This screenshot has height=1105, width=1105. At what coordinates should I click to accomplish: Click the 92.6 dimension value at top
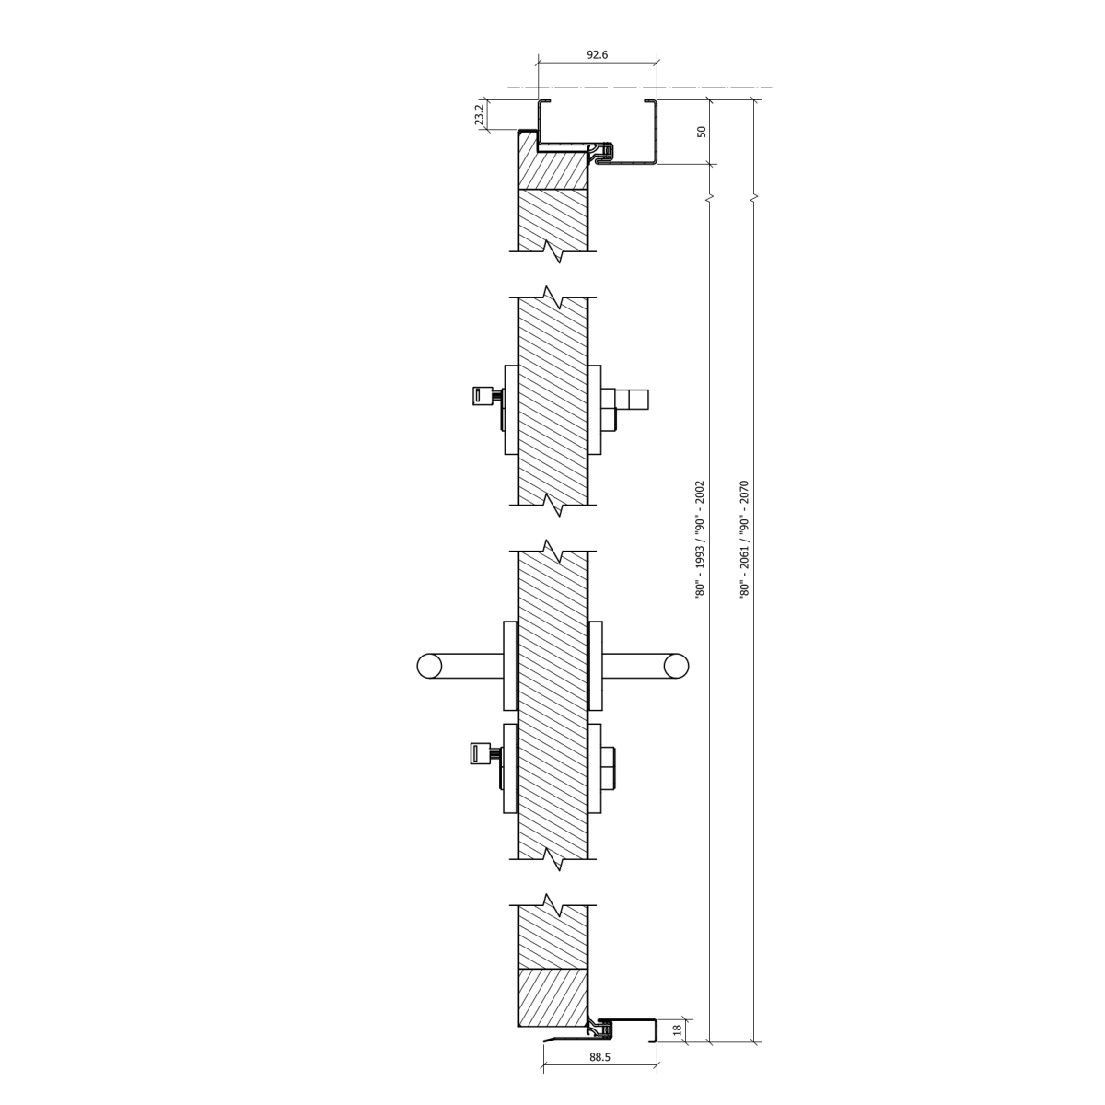[597, 55]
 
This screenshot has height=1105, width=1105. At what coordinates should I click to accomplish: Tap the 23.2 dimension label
[480, 115]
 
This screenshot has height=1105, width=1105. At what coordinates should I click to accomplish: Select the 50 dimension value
[702, 132]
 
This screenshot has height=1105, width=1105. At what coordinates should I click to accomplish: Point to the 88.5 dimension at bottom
[599, 1074]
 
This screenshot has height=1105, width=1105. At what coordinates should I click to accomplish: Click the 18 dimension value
[677, 1046]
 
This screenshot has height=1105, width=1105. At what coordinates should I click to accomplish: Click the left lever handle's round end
[429, 666]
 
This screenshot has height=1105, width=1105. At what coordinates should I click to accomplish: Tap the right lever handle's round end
[676, 666]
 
